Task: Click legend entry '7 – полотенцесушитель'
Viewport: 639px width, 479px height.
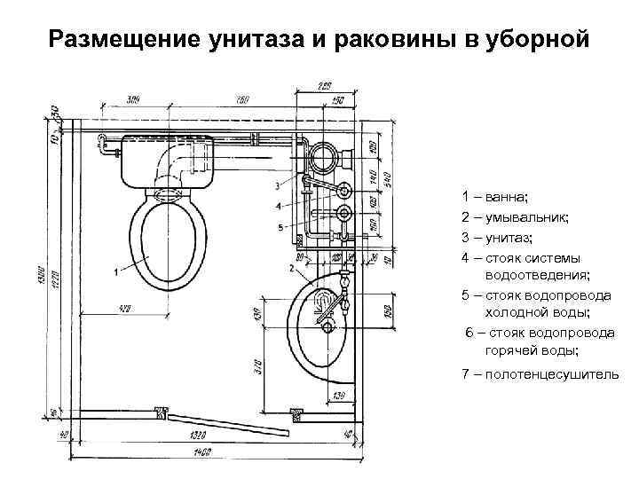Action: (x=540, y=373)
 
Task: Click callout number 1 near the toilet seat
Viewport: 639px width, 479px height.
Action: (x=116, y=271)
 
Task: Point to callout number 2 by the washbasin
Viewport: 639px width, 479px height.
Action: (x=292, y=267)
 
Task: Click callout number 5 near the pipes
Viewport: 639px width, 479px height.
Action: (x=280, y=228)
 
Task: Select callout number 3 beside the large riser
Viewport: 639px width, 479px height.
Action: (x=278, y=185)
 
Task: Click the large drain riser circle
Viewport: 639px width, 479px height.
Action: (x=322, y=159)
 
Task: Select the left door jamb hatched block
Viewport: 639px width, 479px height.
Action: (x=161, y=412)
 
